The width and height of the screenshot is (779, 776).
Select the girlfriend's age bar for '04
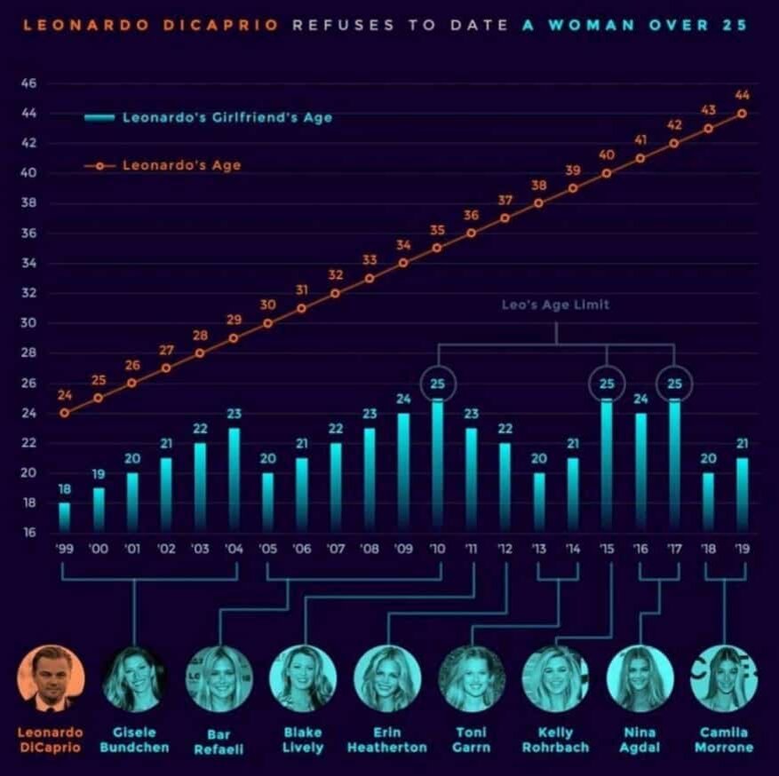(234, 480)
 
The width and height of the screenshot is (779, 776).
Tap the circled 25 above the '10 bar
(437, 383)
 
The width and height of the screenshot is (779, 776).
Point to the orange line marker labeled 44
(741, 114)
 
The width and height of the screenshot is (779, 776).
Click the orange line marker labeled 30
(267, 323)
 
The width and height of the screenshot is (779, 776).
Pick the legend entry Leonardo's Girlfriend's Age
(227, 117)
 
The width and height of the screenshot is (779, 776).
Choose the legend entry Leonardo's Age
(181, 165)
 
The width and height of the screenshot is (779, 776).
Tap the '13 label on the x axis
(538, 549)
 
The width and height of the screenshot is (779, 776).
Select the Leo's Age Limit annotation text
(556, 305)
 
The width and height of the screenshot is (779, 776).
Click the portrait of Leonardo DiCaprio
(50, 678)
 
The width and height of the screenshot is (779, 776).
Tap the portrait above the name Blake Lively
(302, 678)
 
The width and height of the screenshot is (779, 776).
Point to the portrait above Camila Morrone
(723, 678)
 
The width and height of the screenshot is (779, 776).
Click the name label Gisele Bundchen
(134, 740)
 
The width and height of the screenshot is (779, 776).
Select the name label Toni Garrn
(471, 740)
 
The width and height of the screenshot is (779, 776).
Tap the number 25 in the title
(735, 25)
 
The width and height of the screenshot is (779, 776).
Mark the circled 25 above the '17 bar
(673, 383)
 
